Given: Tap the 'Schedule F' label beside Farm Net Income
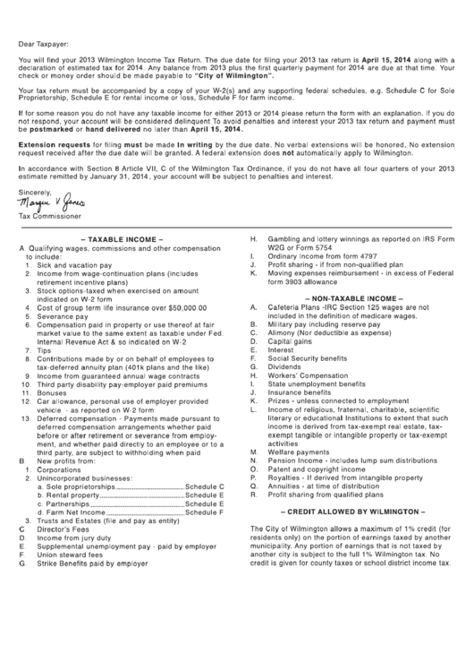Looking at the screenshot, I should coord(205,512).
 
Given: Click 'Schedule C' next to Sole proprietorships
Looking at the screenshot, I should coord(205,486).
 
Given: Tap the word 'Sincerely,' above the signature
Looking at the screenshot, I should coord(36,192).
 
